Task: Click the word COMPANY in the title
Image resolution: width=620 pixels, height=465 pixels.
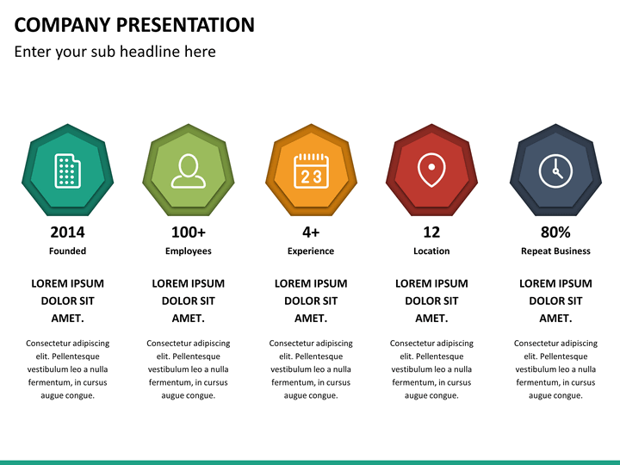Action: pyautogui.click(x=63, y=24)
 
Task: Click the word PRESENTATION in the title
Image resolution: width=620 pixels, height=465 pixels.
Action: pyautogui.click(x=185, y=24)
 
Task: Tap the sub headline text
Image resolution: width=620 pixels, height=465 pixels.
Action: pyautogui.click(x=115, y=52)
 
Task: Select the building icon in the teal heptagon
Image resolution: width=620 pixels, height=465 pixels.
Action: pyautogui.click(x=68, y=170)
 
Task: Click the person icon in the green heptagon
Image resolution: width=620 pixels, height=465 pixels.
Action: pyautogui.click(x=189, y=170)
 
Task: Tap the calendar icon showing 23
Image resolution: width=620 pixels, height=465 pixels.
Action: pyautogui.click(x=311, y=170)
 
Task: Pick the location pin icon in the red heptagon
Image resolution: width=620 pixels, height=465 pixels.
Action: pyautogui.click(x=431, y=170)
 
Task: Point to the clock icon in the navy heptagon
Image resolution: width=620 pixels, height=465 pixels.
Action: pyautogui.click(x=555, y=170)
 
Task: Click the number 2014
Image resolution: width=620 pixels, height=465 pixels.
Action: pyautogui.click(x=68, y=232)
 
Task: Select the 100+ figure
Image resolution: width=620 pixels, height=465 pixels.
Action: pyautogui.click(x=189, y=232)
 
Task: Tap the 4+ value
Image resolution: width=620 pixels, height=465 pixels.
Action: pyautogui.click(x=311, y=232)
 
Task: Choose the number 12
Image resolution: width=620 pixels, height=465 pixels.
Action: pyautogui.click(x=431, y=232)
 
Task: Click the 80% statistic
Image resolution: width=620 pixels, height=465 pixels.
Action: pyautogui.click(x=555, y=232)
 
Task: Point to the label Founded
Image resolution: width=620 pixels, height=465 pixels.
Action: pyautogui.click(x=68, y=251)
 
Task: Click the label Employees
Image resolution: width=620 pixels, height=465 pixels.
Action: pyautogui.click(x=189, y=251)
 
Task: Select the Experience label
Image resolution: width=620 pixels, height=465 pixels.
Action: pyautogui.click(x=311, y=251)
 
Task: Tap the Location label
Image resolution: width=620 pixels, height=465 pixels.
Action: pyautogui.click(x=431, y=251)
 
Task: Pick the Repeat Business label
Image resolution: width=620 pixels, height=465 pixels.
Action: pyautogui.click(x=555, y=251)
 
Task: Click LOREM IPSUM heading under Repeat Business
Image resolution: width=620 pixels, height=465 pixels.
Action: pyautogui.click(x=555, y=283)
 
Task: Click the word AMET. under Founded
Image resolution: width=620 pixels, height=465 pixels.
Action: pyautogui.click(x=68, y=319)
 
